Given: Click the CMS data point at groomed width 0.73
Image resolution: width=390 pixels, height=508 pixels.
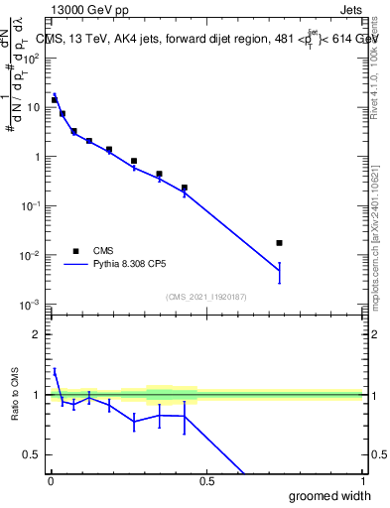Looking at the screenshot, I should (279, 243).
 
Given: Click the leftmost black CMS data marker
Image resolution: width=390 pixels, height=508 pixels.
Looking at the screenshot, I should (55, 100).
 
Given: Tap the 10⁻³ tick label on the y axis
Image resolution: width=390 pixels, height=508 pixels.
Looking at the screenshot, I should (32, 305).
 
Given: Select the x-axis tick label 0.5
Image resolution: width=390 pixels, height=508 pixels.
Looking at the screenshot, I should (206, 481).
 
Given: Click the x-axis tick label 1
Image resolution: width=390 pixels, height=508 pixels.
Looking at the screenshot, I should (361, 481).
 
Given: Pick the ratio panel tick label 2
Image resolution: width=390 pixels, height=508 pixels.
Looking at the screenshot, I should (37, 334).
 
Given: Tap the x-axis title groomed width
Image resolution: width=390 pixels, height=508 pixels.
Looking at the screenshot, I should (330, 495).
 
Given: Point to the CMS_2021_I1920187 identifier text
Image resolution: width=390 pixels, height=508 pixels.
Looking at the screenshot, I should (205, 296).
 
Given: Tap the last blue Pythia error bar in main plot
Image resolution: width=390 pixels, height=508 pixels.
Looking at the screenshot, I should (279, 272).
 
